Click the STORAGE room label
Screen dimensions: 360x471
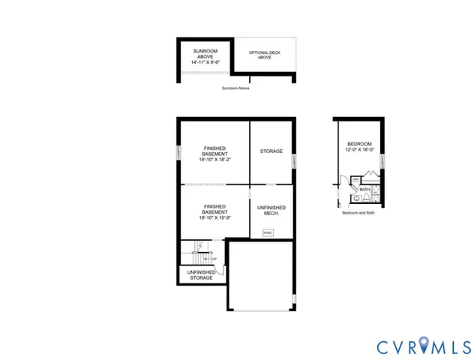[x=271, y=151]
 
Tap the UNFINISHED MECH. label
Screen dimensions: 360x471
[x=271, y=210]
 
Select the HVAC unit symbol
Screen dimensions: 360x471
[x=268, y=232]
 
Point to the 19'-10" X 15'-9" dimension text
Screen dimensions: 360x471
[x=214, y=218]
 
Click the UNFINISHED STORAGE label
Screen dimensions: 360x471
[x=200, y=274]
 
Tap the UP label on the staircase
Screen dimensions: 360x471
[x=214, y=259]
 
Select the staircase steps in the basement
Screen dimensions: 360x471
[x=196, y=250]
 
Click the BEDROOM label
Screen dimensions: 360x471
[x=359, y=144]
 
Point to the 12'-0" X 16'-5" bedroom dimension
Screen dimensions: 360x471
[x=359, y=150]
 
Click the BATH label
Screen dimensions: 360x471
[x=364, y=190]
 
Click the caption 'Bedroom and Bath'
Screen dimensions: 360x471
[x=358, y=213]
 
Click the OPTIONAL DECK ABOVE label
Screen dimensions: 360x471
[x=264, y=54]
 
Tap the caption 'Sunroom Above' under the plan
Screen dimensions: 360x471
[x=235, y=88]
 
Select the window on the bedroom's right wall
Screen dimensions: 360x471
[x=382, y=164]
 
